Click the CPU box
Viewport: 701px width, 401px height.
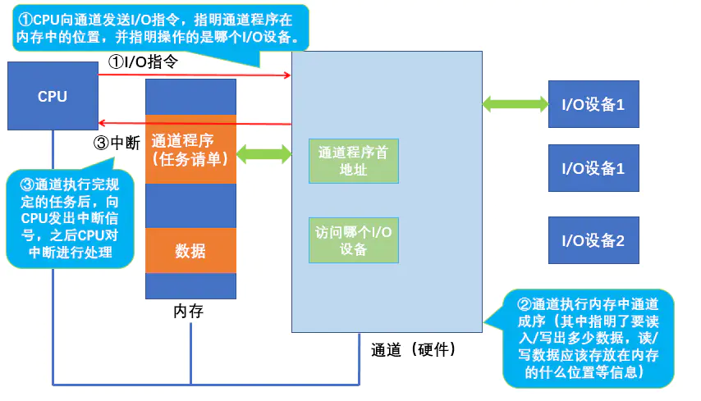click(53, 96)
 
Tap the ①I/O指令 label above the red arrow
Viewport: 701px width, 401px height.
click(144, 61)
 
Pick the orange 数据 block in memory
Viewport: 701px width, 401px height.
click(190, 251)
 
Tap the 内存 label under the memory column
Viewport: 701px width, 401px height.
click(189, 312)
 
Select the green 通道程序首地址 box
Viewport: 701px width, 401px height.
click(354, 161)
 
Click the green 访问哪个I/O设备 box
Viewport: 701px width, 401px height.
click(354, 240)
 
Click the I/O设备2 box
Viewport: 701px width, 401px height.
click(593, 240)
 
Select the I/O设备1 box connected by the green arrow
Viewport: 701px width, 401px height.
click(593, 104)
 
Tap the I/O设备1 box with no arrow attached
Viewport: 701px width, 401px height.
click(593, 169)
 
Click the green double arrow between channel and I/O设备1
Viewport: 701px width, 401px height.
click(515, 103)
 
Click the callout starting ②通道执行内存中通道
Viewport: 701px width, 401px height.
click(588, 337)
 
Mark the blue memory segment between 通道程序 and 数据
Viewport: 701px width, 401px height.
click(190, 205)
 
